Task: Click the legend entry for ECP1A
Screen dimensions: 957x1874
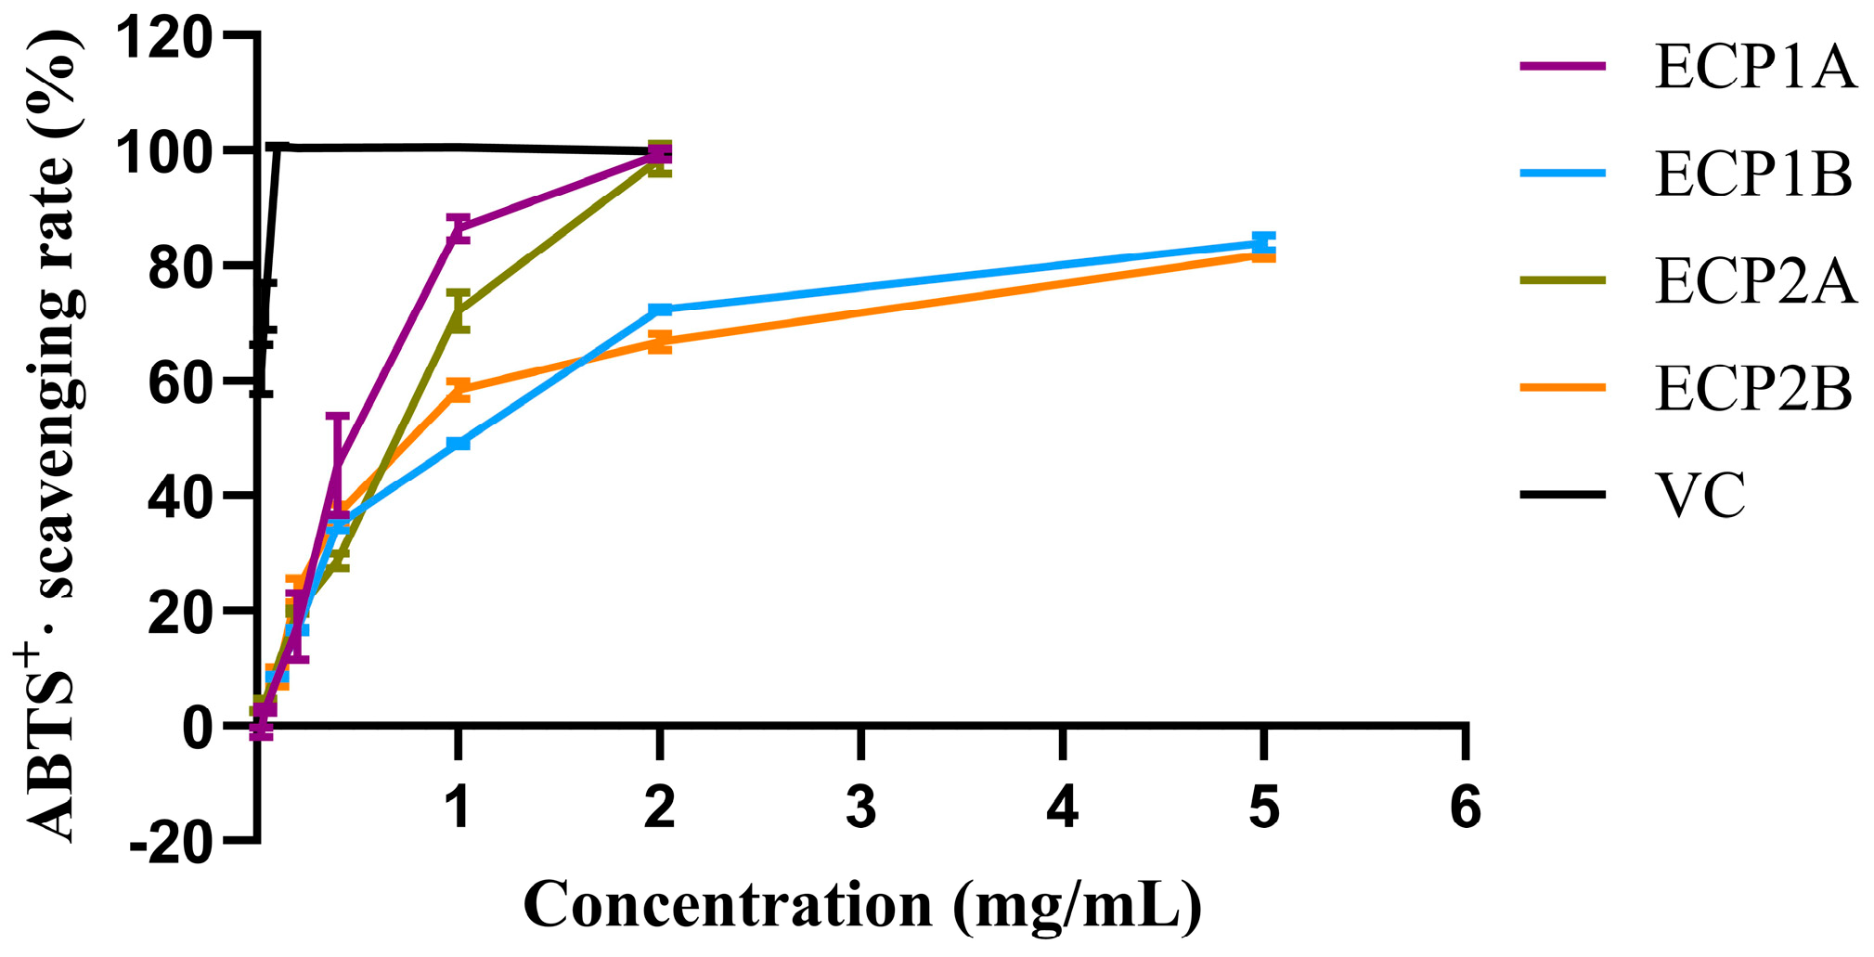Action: [1754, 67]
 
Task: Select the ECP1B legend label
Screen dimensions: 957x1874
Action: [1752, 174]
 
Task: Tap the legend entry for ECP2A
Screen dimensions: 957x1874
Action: [1754, 280]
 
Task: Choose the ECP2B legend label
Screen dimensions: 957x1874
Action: [1752, 388]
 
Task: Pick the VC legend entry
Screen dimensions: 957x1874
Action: [1700, 495]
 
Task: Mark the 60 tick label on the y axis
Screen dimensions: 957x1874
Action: [179, 381]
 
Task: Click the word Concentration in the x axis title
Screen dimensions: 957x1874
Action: [728, 904]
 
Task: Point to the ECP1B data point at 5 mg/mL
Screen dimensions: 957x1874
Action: [1263, 242]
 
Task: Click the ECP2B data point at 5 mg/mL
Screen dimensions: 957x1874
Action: [1263, 254]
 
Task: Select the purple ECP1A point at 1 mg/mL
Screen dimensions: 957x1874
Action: [458, 227]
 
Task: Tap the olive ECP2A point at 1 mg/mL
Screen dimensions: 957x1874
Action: [458, 310]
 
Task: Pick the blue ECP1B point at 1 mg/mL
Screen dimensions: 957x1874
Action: [458, 443]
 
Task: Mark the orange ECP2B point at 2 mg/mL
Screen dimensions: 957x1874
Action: [659, 342]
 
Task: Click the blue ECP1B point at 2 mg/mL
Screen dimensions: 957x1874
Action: [659, 309]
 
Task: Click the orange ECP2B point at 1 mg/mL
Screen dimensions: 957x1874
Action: [458, 389]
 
